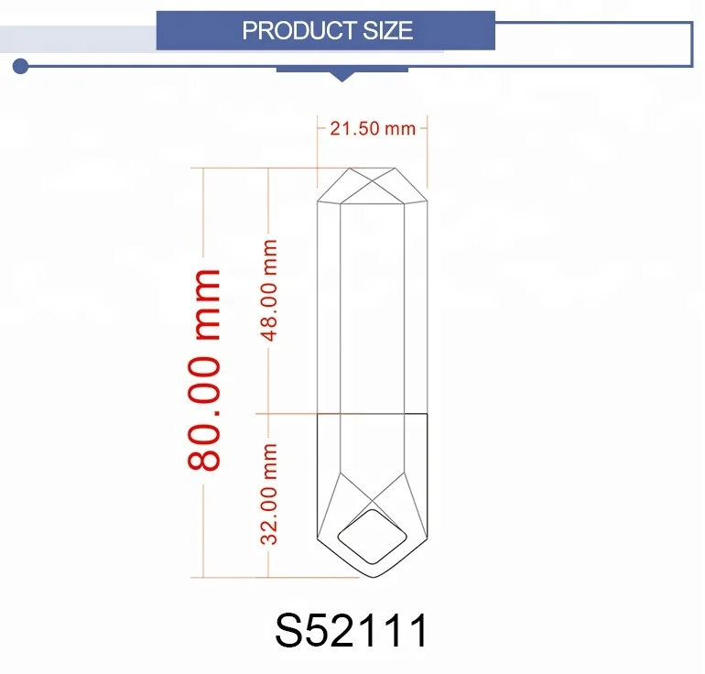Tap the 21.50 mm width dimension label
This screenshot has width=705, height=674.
coord(372,128)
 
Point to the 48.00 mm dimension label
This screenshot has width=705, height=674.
coord(270,290)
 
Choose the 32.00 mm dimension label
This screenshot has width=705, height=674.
coord(270,494)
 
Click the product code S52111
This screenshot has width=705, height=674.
coord(352,632)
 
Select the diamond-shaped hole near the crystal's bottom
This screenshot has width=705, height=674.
coord(372,536)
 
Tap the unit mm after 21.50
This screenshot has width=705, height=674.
coord(400,128)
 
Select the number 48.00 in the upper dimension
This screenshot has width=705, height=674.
coord(270,308)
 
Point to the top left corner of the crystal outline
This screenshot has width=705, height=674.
coord(318,201)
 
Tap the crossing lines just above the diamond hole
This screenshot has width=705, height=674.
coord(373,503)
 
